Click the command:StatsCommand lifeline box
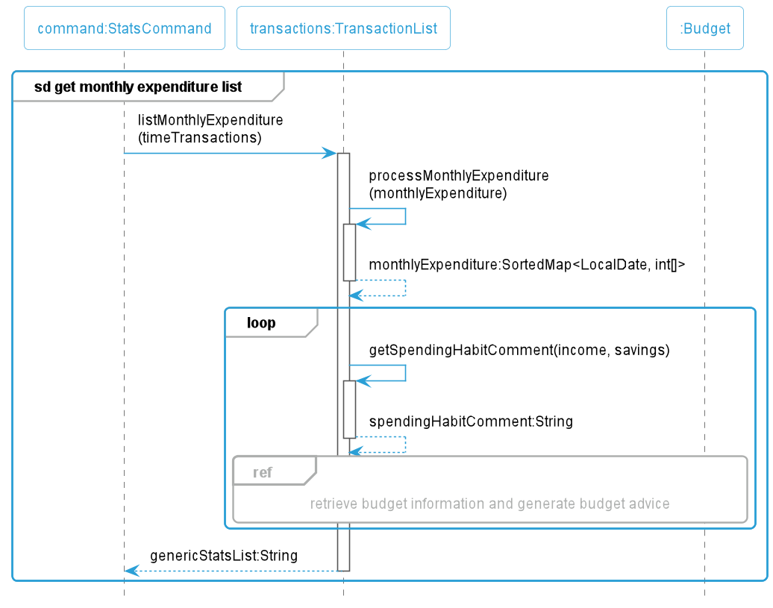(124, 28)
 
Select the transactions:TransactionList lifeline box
(343, 28)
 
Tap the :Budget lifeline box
(704, 28)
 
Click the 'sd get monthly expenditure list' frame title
(138, 87)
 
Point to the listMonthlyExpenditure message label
(210, 128)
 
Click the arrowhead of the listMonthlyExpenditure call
(330, 153)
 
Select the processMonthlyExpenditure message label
(458, 184)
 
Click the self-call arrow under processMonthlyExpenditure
(405, 216)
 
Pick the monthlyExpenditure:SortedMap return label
(527, 265)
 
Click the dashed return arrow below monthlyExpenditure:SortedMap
(405, 288)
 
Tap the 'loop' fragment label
(261, 323)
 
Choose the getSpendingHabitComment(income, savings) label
(519, 350)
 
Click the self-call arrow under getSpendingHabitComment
(405, 373)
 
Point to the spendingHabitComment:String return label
(471, 421)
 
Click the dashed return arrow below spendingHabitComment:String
(405, 445)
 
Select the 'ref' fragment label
(263, 472)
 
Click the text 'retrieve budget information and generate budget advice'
(489, 504)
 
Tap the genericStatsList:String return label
(224, 555)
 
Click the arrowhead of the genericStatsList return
(131, 571)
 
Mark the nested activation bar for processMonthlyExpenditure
(349, 252)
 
